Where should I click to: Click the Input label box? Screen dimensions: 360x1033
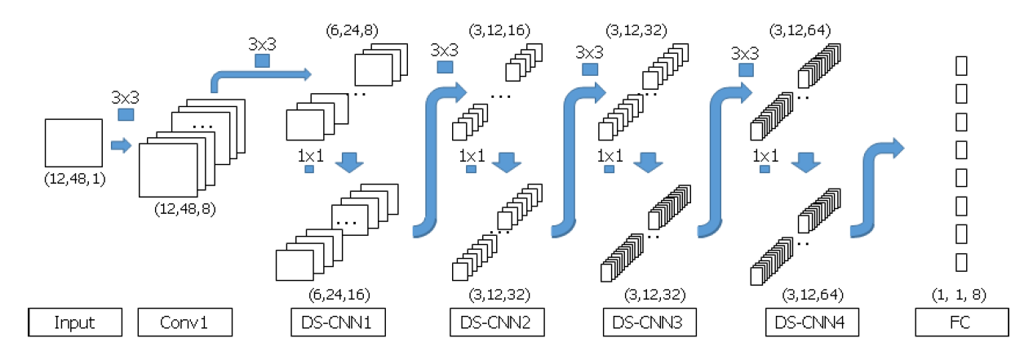[x=74, y=322]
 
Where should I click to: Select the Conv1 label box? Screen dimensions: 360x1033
[x=185, y=322]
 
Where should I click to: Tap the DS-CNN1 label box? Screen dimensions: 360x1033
[x=337, y=322]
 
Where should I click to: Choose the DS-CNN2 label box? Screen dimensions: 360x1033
[x=496, y=322]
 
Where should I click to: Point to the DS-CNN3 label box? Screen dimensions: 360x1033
[x=650, y=322]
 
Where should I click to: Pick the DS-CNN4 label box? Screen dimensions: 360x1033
[x=813, y=322]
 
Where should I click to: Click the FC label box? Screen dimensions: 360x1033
[x=962, y=322]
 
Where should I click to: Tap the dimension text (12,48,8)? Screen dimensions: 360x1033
[x=185, y=208]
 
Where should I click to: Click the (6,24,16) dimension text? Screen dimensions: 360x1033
[x=338, y=293]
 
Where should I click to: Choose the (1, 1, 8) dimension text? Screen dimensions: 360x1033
[x=960, y=293]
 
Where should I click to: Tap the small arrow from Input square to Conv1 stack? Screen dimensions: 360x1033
[x=121, y=145]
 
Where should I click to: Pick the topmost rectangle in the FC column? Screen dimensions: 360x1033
[x=961, y=65]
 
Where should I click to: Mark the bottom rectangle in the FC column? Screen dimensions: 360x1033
[x=961, y=261]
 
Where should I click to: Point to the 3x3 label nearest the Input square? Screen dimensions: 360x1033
[x=125, y=97]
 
